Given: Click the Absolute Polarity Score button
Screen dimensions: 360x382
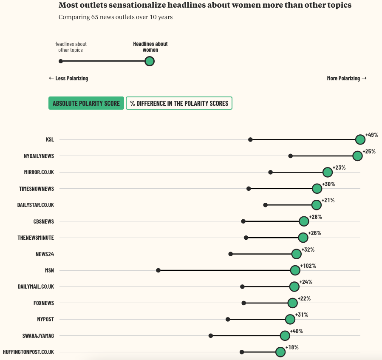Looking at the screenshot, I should [86, 103].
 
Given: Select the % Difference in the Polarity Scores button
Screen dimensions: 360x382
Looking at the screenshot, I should [179, 103].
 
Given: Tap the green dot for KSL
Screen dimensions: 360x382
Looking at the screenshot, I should [360, 140].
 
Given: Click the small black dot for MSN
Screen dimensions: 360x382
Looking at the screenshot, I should [158, 270].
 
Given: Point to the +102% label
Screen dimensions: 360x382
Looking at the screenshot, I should [308, 266].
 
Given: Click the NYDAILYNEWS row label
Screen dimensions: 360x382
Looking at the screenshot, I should [39, 156].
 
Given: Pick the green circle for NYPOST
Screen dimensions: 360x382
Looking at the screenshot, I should [290, 319].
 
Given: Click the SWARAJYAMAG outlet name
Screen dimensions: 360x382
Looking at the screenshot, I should [38, 336].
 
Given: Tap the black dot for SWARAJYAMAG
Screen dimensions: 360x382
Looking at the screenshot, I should [211, 336].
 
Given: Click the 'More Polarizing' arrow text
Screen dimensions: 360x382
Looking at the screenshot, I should [347, 78].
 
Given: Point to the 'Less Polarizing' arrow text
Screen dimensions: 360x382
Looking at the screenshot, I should [68, 78].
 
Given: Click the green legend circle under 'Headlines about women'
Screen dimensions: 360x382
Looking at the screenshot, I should [149, 61].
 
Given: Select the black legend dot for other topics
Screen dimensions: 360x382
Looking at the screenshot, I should [61, 61].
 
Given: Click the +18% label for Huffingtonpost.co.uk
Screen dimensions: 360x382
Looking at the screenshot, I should [292, 348].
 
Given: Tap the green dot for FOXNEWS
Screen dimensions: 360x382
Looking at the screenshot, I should [292, 303].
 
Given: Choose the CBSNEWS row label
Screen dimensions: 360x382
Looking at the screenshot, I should [43, 221].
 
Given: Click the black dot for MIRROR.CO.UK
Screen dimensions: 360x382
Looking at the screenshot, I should [270, 173].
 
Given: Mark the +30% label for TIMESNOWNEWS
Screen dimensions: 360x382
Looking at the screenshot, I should [328, 184].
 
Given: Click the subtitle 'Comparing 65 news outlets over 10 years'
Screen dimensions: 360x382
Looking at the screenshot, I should [116, 17].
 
